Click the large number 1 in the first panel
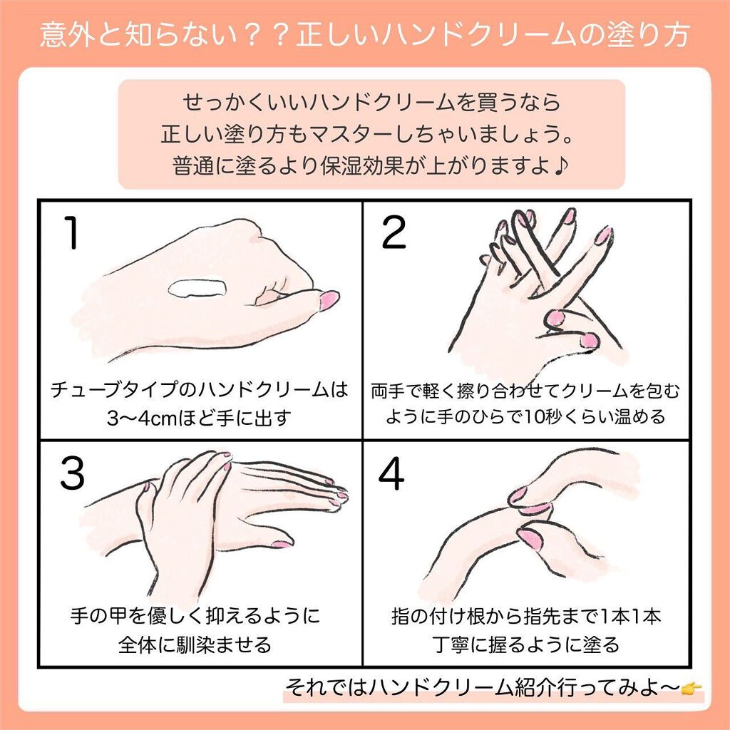coord(71,234)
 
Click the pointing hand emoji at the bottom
coord(692,687)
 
